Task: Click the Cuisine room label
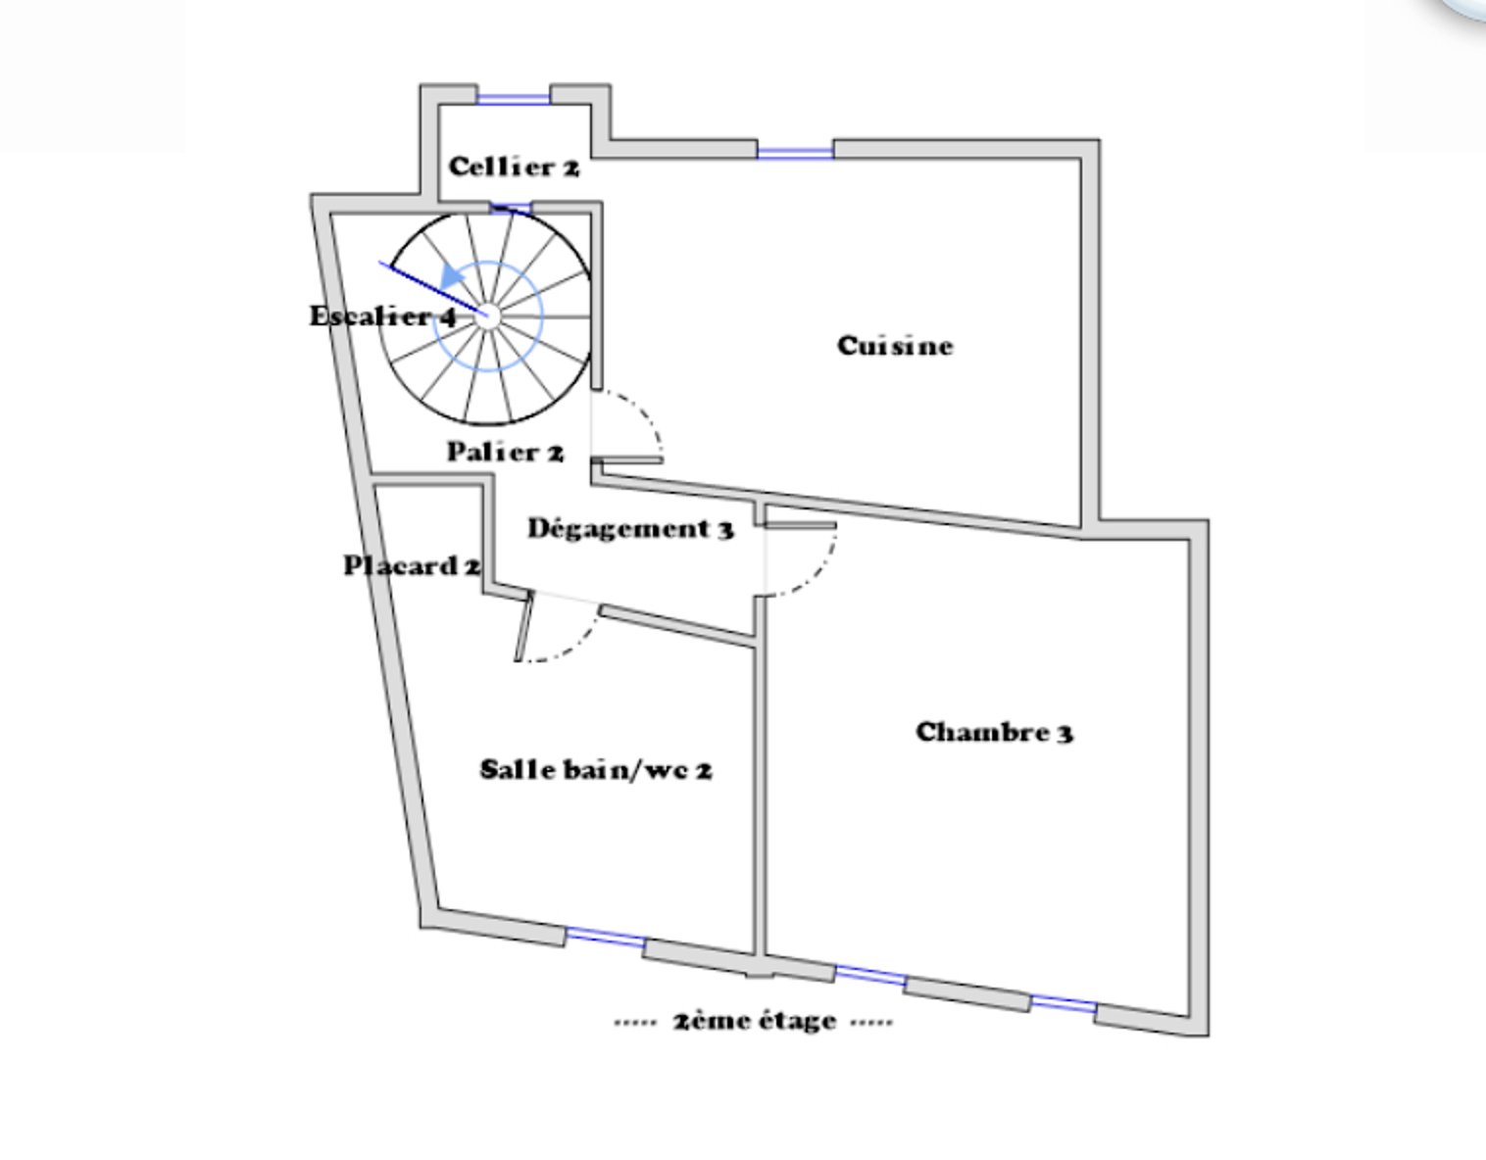[895, 346]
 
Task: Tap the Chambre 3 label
[994, 732]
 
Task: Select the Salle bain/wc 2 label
[596, 770]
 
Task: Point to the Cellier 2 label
[514, 167]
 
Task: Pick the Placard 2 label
[412, 566]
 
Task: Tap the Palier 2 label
[506, 452]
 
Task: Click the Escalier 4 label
[383, 316]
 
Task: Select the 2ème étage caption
[755, 1021]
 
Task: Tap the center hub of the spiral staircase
[487, 315]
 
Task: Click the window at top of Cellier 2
[514, 100]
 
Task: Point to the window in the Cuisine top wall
[795, 154]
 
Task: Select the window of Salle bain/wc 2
[606, 938]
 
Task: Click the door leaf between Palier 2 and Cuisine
[627, 460]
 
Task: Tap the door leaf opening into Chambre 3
[800, 525]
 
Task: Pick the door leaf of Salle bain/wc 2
[523, 627]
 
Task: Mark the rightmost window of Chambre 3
[1065, 1004]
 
